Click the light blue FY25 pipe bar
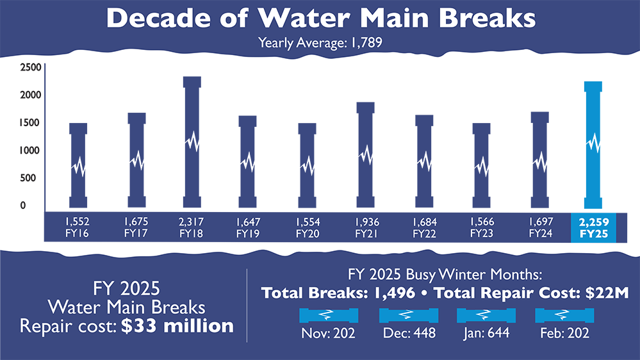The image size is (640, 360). tap(593, 144)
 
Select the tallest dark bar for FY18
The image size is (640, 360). tap(192, 141)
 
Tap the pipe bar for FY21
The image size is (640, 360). tap(365, 154)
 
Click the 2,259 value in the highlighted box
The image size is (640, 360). tap(593, 221)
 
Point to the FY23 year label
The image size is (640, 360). tap(481, 233)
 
